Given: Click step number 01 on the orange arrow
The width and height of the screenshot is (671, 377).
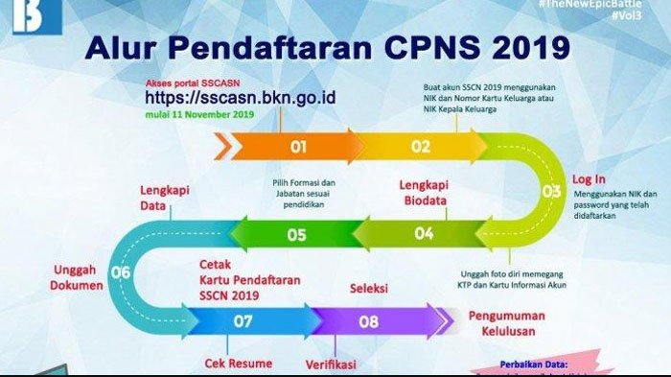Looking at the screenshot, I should (x=298, y=147).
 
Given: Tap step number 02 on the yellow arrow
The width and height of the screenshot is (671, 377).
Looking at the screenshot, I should (x=421, y=147).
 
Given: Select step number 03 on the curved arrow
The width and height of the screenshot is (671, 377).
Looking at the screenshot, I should (x=551, y=191).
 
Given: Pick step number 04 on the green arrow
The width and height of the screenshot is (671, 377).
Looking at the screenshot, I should (x=424, y=233).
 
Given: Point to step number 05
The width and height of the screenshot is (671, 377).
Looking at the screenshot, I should (x=295, y=233).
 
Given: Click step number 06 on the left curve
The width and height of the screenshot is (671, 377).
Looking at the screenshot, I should (x=121, y=272).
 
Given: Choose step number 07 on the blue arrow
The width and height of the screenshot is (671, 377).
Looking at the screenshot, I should (x=243, y=321).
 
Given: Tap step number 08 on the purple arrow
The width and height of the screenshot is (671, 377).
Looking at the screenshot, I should (x=368, y=321).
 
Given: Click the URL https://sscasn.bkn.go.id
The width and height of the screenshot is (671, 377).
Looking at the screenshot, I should (x=241, y=98).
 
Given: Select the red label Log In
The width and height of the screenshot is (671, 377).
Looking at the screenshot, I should (x=589, y=179).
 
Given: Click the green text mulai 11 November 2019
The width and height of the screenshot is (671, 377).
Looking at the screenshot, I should (x=199, y=114).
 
